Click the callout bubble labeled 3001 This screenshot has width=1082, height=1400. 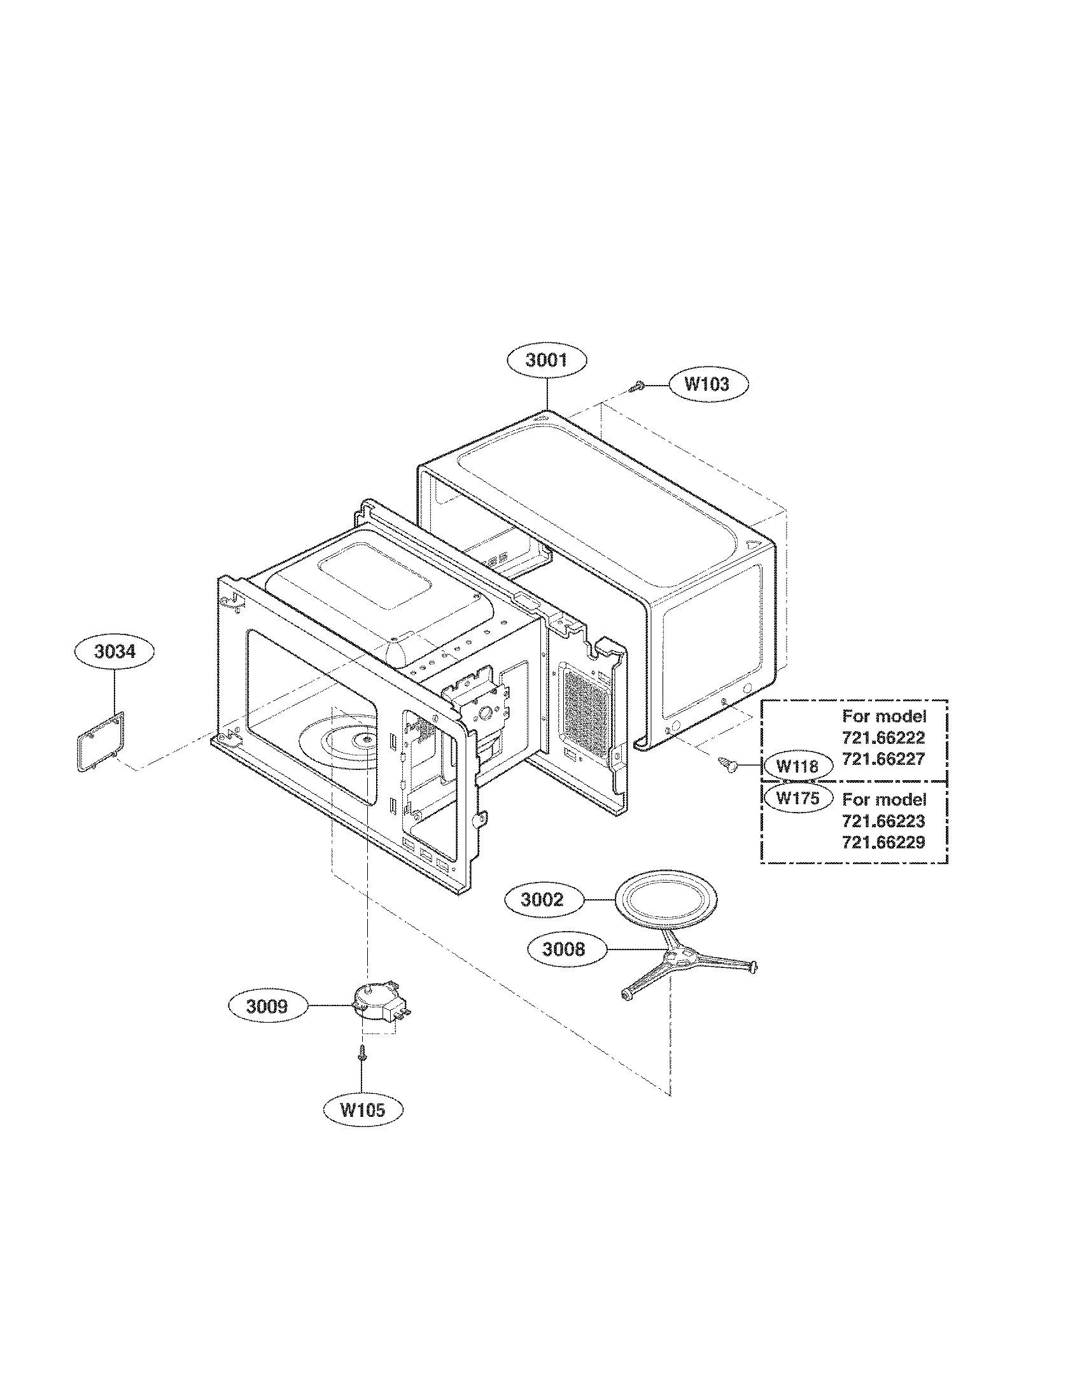(546, 360)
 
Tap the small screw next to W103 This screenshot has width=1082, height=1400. (637, 386)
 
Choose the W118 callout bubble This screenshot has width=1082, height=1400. (797, 766)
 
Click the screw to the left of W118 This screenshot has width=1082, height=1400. (728, 763)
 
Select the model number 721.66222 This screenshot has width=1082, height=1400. (883, 738)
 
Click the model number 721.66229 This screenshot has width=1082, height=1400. (883, 843)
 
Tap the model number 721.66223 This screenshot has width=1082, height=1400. (883, 821)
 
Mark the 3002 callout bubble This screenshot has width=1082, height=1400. (543, 900)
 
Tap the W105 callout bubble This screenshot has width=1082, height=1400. (362, 1110)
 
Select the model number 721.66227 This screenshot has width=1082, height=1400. (883, 759)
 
